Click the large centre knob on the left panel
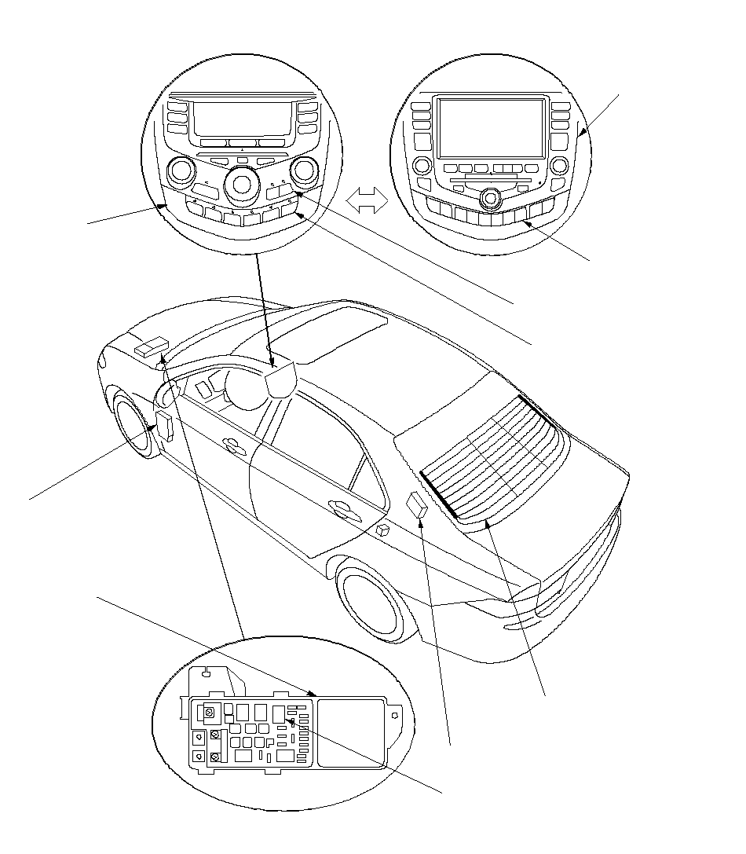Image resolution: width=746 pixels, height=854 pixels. tap(241, 185)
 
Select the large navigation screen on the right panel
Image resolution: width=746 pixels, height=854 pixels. tap(491, 128)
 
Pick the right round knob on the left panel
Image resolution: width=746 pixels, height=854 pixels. tap(304, 169)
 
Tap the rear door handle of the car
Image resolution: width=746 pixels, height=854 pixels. tap(343, 509)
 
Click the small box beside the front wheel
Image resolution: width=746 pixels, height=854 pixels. tap(166, 425)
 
